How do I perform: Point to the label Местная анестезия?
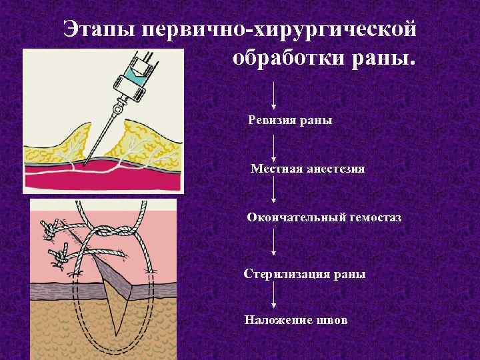307,169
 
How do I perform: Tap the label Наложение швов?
296,321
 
